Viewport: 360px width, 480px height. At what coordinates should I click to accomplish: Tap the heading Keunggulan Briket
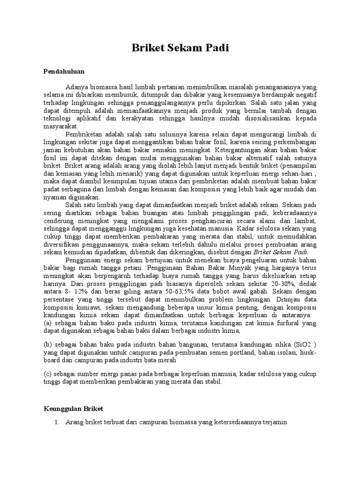click(x=73, y=408)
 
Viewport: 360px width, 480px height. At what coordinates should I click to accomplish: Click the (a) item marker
click(x=47, y=322)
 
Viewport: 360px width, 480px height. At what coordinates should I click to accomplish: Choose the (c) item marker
click(x=47, y=374)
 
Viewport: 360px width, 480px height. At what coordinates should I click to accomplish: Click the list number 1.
click(x=57, y=422)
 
